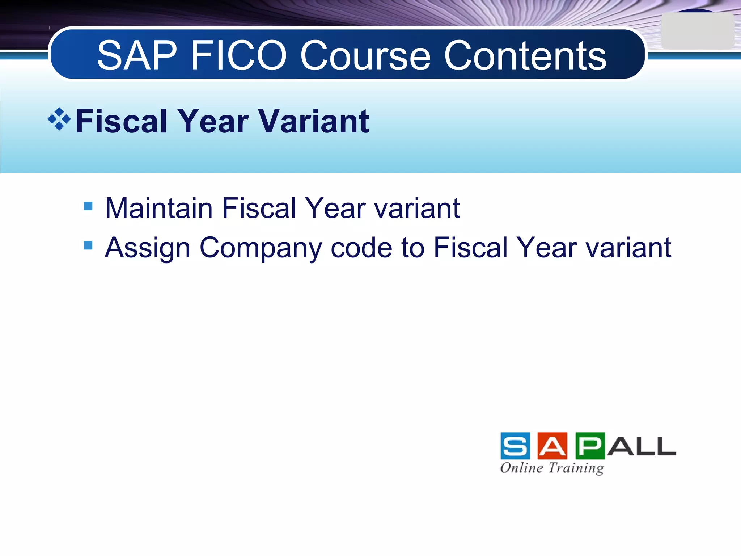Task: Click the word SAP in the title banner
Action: click(137, 56)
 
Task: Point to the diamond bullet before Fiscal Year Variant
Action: click(59, 119)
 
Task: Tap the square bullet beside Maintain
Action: click(88, 206)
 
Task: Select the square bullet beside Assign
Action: click(88, 246)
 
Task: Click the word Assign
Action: click(148, 248)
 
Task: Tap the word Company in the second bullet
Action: click(260, 248)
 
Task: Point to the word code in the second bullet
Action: click(361, 248)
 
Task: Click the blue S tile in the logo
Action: click(515, 446)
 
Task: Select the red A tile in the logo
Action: click(552, 446)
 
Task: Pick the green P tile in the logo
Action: click(590, 446)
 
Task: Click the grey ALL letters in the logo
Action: click(642, 446)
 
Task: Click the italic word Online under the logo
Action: click(521, 468)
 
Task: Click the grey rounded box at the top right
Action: click(697, 31)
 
